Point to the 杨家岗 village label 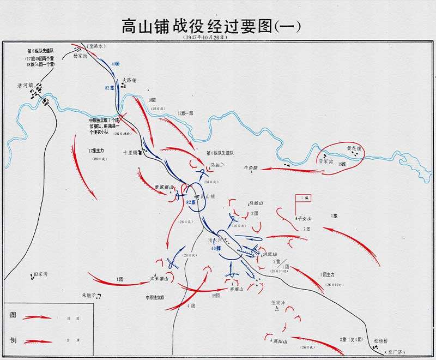(x=80, y=62)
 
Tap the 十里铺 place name (x=130, y=153)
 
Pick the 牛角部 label (x=252, y=168)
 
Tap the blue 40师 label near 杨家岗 (x=114, y=64)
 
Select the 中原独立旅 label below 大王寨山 (x=154, y=298)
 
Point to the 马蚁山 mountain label (x=256, y=203)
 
